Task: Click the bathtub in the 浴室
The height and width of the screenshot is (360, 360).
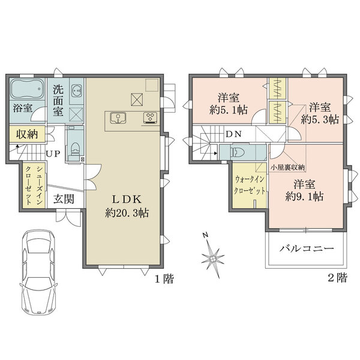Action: [x=27, y=89]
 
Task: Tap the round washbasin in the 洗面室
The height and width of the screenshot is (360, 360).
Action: [x=76, y=91]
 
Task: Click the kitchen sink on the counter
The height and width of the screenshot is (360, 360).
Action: [x=118, y=118]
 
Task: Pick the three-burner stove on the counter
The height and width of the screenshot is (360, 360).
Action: [x=151, y=118]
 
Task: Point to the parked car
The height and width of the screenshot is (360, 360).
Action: [x=38, y=272]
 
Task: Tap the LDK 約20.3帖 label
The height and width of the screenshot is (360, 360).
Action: [x=127, y=206]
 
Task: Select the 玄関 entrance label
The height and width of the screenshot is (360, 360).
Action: [x=64, y=199]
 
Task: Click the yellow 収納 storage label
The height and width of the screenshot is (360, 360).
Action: [x=27, y=134]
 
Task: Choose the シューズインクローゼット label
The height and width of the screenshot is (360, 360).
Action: [x=34, y=185]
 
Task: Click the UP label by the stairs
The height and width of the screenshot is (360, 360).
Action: [x=53, y=154]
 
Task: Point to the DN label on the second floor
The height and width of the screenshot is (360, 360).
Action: [x=234, y=134]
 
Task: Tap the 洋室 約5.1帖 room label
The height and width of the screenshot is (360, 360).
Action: [x=229, y=104]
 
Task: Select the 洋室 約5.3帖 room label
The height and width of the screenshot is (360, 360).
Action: [x=320, y=113]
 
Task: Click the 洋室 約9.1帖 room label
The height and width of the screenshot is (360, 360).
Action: [x=304, y=190]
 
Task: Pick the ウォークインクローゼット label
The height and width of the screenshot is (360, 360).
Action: [x=250, y=185]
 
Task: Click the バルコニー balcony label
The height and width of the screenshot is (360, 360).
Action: [x=306, y=248]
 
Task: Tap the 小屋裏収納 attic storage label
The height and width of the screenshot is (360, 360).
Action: [x=287, y=167]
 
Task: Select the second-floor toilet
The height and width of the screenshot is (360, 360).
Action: [x=238, y=152]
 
